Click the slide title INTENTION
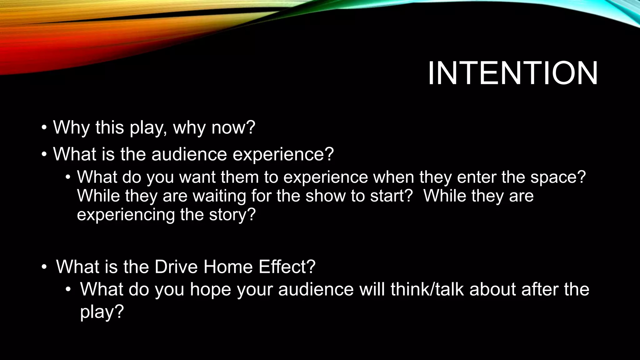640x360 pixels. pos(512,74)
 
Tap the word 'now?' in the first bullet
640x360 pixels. pos(233,127)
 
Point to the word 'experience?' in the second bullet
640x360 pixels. pos(283,155)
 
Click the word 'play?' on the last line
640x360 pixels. pos(102,312)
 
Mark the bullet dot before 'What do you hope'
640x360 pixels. pos(68,289)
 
